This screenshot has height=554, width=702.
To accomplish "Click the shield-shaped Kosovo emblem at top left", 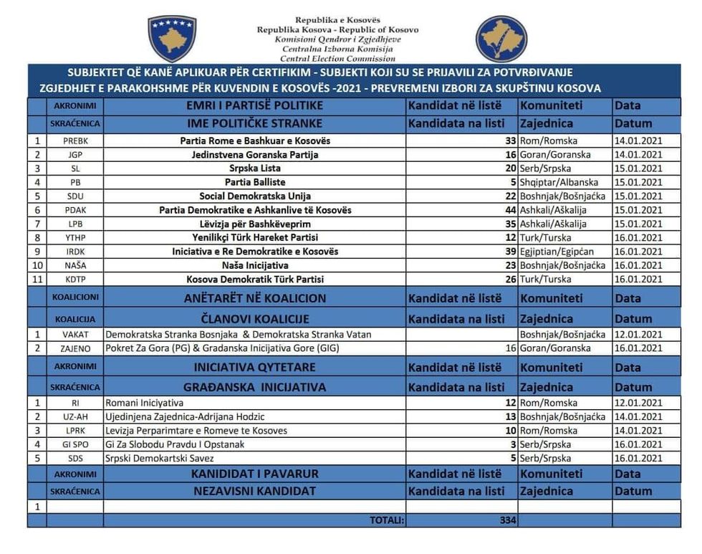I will (172, 38).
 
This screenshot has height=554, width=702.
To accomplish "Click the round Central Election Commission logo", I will (501, 39).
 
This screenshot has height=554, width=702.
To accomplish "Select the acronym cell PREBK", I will (75, 141).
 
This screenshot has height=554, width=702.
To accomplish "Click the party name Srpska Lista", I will (255, 168).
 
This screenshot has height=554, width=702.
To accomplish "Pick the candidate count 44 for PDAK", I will (510, 210).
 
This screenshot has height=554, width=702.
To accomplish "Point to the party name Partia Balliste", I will (255, 182).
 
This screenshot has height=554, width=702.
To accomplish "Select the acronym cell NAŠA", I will (75, 265).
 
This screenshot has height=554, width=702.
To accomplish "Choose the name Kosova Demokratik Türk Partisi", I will (255, 279).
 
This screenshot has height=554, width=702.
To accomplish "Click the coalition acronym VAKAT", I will (75, 335).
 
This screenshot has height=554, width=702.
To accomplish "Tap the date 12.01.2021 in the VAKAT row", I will (638, 335).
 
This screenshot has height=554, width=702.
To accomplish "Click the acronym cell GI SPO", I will (75, 444).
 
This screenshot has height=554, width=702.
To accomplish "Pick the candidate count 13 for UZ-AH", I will (510, 416).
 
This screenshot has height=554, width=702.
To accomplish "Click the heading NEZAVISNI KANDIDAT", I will (255, 491).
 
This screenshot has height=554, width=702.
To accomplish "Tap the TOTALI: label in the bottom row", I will (387, 520).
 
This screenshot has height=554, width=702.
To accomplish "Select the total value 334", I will (508, 520).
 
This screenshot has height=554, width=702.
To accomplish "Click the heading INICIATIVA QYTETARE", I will (255, 367).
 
